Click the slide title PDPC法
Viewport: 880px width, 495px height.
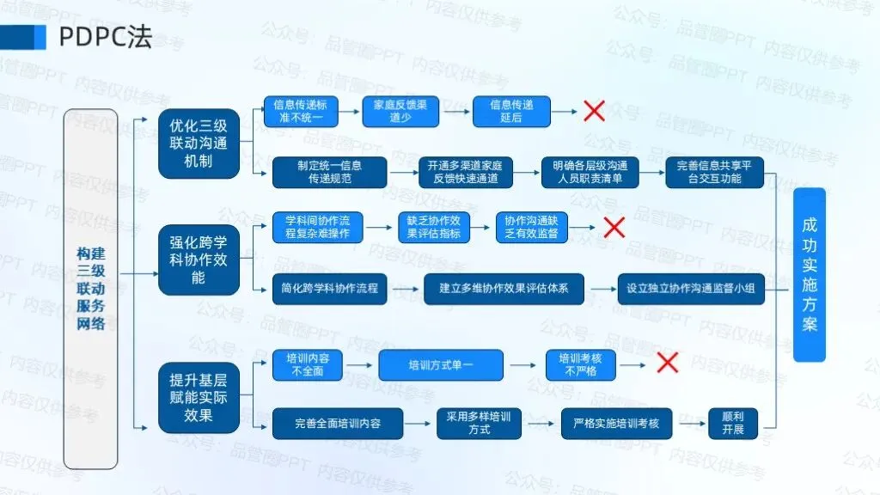pyautogui.click(x=105, y=36)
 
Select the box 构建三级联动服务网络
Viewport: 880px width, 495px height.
pyautogui.click(x=91, y=288)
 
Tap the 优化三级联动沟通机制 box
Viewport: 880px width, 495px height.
pyautogui.click(x=199, y=144)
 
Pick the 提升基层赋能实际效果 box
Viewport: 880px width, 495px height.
pyautogui.click(x=199, y=398)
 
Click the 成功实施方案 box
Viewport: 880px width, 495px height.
pyautogui.click(x=809, y=275)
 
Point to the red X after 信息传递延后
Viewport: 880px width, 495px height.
pyautogui.click(x=595, y=111)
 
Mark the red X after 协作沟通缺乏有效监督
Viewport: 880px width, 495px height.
pyautogui.click(x=614, y=227)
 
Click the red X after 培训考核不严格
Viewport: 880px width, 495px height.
pyautogui.click(x=667, y=363)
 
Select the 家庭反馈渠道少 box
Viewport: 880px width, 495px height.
pyautogui.click(x=400, y=111)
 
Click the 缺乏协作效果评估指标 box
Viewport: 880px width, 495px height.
pyautogui.click(x=434, y=227)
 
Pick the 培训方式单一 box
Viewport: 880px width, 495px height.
pyautogui.click(x=441, y=365)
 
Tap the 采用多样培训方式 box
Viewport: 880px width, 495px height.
pyautogui.click(x=479, y=424)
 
